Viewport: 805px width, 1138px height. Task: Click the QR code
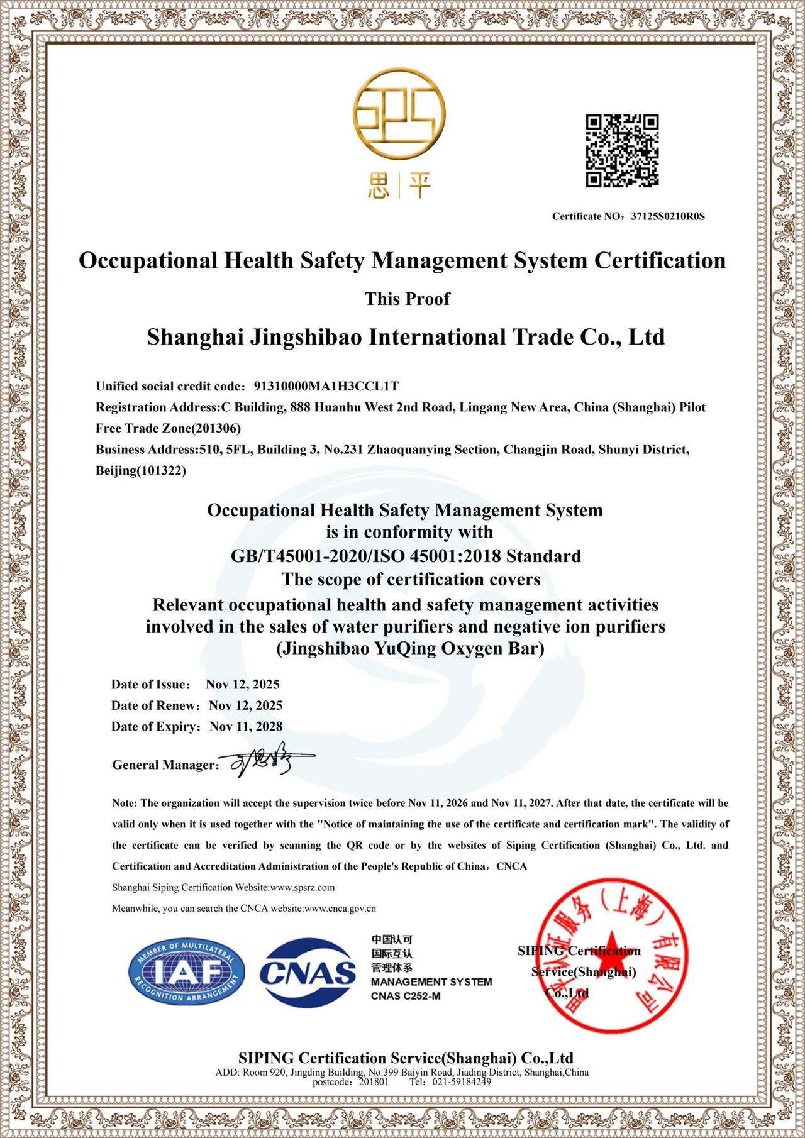[622, 150]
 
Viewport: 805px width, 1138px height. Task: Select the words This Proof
[408, 299]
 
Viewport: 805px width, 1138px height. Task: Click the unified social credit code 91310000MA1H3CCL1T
[326, 386]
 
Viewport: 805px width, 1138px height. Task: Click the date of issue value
[243, 685]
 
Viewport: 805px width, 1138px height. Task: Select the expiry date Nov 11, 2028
[246, 727]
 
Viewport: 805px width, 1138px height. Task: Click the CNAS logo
[308, 973]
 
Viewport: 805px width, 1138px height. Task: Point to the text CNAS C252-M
[405, 996]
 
